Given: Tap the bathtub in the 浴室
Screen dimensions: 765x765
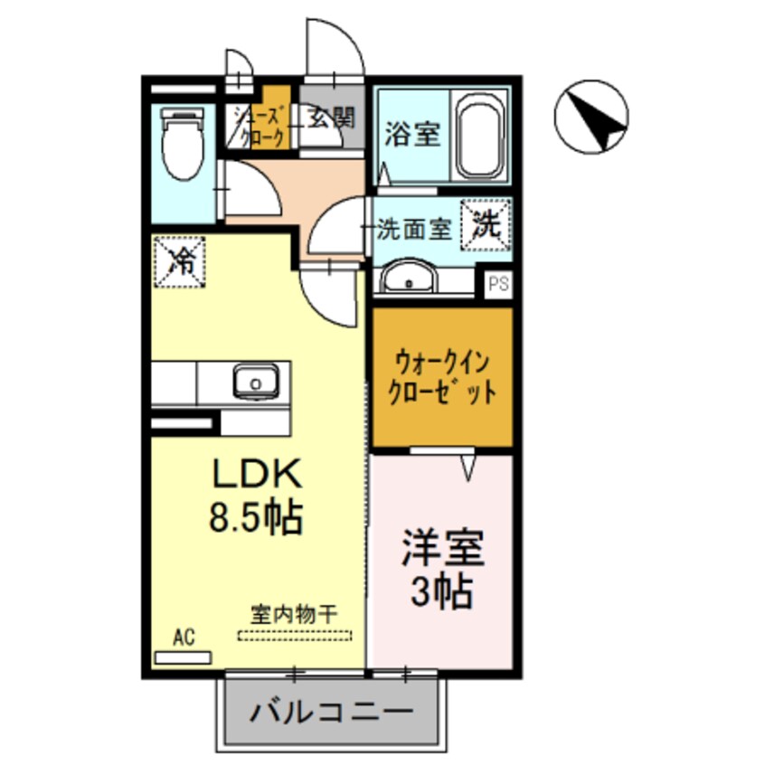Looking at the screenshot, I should [x=482, y=137].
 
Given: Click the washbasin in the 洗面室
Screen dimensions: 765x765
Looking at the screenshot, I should [x=411, y=278].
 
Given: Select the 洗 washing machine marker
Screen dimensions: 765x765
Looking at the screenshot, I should [x=486, y=224].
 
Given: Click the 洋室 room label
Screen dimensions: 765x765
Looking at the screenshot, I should [x=442, y=550].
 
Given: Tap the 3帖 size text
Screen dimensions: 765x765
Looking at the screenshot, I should [x=442, y=592].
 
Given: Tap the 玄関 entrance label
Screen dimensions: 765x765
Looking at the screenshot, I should [x=331, y=118].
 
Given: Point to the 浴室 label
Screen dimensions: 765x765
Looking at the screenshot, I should [x=412, y=135].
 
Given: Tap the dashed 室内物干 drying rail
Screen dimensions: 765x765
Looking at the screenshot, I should [x=293, y=636].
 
